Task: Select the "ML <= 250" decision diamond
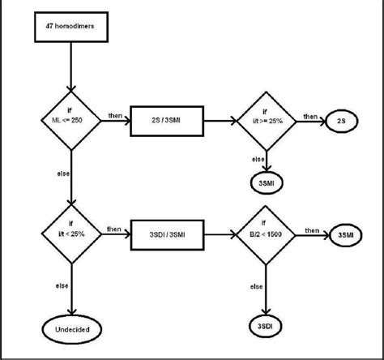(72, 121)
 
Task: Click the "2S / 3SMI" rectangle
(165, 122)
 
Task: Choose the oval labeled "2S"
(339, 122)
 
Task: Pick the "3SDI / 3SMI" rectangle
(165, 234)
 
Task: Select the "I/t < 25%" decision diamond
(72, 234)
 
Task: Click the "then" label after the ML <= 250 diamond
(116, 116)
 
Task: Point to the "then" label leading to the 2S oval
(310, 116)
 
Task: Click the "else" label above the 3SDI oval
(257, 286)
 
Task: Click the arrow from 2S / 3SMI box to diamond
(216, 122)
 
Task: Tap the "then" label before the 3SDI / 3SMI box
(116, 228)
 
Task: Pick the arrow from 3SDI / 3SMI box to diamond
(216, 234)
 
